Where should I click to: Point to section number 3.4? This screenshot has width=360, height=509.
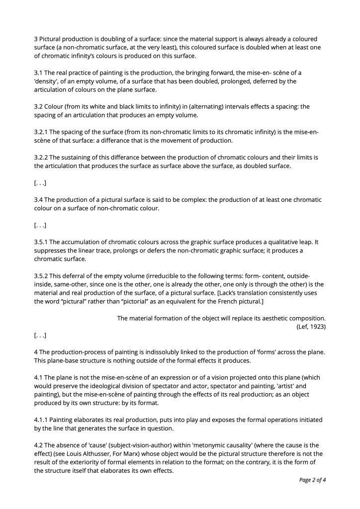tap(39, 200)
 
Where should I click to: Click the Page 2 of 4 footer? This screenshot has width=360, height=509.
tap(312, 480)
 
